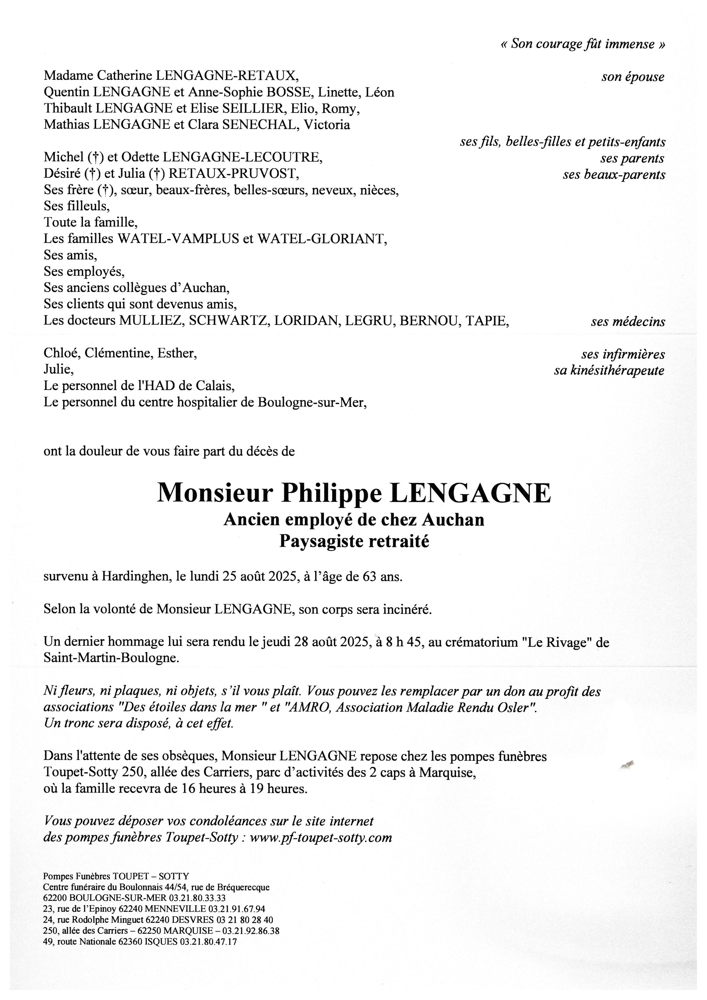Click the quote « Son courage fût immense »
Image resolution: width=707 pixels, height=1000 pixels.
(x=583, y=44)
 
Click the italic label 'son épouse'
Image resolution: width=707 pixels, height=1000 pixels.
(x=633, y=77)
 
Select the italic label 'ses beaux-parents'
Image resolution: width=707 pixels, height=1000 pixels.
(x=614, y=175)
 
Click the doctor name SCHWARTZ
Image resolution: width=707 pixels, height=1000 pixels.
(x=221, y=320)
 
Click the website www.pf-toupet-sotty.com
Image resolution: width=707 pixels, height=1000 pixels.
(x=321, y=837)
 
